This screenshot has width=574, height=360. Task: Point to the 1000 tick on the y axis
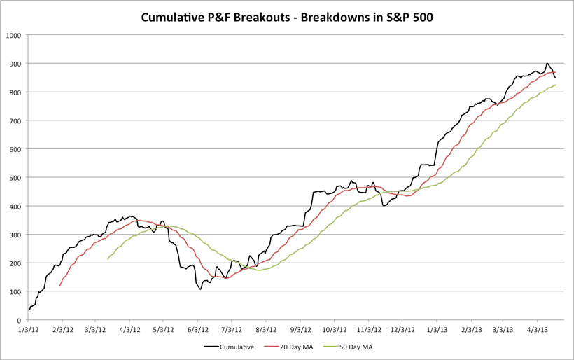tap(12, 35)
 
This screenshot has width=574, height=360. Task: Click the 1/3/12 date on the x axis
tap(29, 328)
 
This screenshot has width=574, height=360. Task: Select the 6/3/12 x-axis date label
tap(199, 328)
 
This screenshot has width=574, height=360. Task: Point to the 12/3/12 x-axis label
tap(402, 328)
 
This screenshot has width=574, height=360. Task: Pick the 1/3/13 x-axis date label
tap(436, 328)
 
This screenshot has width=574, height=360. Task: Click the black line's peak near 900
tap(547, 63)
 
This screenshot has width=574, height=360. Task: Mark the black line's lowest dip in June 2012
tap(200, 289)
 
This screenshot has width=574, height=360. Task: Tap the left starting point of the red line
tap(60, 286)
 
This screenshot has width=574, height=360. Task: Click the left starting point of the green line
tap(108, 260)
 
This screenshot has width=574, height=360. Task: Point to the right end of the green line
tap(556, 85)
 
